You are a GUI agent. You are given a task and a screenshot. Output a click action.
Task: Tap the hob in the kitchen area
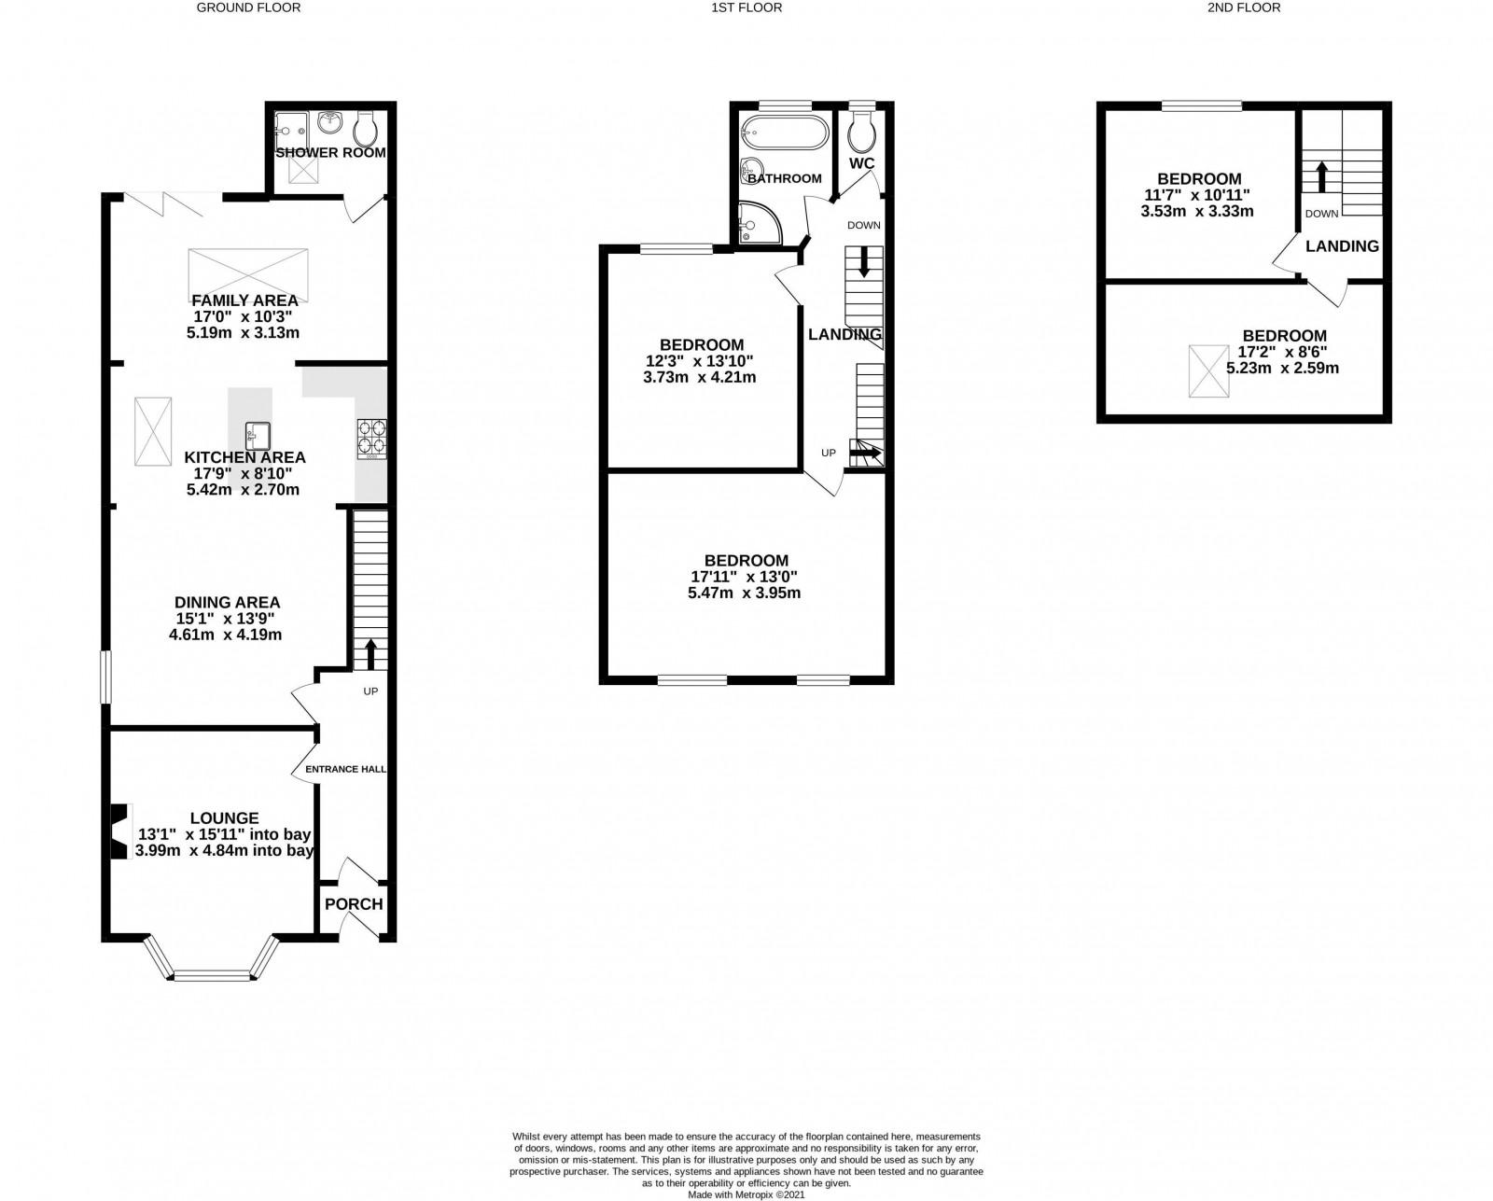point(372,439)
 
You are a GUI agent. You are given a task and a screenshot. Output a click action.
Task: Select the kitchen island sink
point(258,436)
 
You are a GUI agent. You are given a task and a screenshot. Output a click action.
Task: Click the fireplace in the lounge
point(120,831)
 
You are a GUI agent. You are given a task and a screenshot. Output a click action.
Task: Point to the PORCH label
point(354,904)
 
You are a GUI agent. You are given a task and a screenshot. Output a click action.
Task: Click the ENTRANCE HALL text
point(345,769)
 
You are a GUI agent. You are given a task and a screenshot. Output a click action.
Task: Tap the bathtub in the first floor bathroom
point(784,133)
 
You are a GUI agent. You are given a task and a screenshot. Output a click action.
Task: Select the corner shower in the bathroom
point(760,223)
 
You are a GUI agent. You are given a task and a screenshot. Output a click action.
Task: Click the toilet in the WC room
point(861,133)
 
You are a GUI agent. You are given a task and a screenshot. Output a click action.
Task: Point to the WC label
point(861,163)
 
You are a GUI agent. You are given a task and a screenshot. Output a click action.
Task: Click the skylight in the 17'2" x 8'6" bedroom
point(1208,371)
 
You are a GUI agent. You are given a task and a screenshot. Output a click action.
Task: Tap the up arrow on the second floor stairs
point(1321,177)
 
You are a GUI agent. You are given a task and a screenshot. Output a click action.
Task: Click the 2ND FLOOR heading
point(1244,7)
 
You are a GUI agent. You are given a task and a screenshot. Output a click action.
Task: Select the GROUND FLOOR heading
point(248,7)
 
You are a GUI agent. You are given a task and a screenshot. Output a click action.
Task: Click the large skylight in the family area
point(247,276)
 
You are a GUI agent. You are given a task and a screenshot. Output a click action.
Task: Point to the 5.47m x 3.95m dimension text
point(744,593)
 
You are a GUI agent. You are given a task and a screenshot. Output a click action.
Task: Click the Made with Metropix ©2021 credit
point(746,1194)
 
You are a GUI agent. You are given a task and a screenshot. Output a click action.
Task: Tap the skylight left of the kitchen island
point(153,431)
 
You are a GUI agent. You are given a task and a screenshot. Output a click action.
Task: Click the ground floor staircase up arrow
point(370,654)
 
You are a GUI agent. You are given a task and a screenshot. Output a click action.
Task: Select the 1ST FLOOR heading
point(746,7)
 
